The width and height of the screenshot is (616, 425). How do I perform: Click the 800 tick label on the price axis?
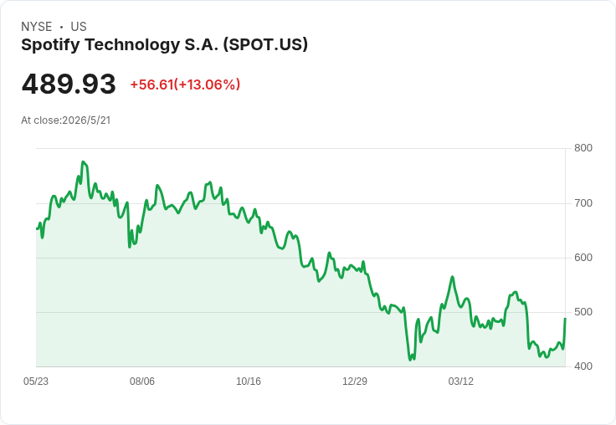point(583,148)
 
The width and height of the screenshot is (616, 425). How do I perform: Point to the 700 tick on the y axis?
point(583,203)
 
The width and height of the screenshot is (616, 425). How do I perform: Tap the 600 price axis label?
point(583,258)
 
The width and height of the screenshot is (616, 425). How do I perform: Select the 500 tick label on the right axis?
point(583,312)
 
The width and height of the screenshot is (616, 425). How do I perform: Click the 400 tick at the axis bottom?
point(583,366)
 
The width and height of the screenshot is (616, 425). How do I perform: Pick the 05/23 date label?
point(36,381)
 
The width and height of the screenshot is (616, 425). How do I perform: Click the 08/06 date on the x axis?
point(142,381)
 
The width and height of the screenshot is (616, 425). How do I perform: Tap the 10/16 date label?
point(249,381)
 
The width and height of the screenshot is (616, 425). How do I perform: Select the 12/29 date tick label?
point(355,381)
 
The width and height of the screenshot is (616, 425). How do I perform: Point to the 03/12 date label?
point(461,381)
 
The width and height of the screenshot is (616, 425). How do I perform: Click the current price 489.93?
point(69,84)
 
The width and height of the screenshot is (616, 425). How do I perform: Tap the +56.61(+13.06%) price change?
point(185,84)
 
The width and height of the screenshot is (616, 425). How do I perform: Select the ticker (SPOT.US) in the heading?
point(265,44)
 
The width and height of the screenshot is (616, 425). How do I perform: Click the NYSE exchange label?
point(37,27)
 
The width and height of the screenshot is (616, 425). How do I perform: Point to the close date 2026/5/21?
point(86,120)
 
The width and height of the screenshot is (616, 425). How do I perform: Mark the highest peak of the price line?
point(83,161)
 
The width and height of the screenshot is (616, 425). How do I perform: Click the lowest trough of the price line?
point(410,360)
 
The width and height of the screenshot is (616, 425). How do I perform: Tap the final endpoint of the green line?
point(565,319)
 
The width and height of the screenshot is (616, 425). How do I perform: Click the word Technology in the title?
point(132,45)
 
